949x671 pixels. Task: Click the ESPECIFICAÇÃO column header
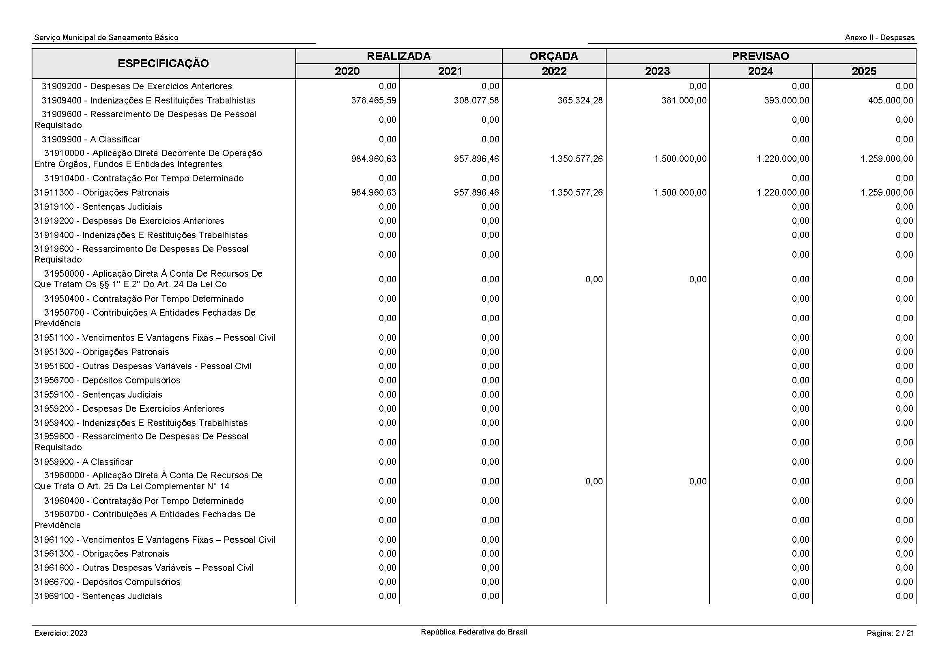pyautogui.click(x=163, y=64)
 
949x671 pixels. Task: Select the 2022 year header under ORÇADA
pyautogui.click(x=554, y=71)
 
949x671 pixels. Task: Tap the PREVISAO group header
pyautogui.click(x=760, y=56)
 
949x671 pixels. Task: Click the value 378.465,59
pyautogui.click(x=373, y=100)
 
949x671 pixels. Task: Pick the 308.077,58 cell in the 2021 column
pyautogui.click(x=476, y=100)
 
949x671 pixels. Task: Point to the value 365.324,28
pyautogui.click(x=580, y=100)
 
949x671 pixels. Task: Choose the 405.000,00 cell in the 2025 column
pyautogui.click(x=890, y=100)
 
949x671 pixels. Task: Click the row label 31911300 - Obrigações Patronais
pyautogui.click(x=102, y=193)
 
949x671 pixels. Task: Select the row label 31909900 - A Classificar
pyautogui.click(x=91, y=139)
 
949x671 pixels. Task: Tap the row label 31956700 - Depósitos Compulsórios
pyautogui.click(x=108, y=380)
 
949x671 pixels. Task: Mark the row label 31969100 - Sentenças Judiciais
pyautogui.click(x=98, y=596)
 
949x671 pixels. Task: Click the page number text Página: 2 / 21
pyautogui.click(x=890, y=633)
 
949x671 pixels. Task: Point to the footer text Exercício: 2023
pyautogui.click(x=61, y=633)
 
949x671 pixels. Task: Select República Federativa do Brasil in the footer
pyautogui.click(x=473, y=632)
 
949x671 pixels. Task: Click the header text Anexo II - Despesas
pyautogui.click(x=880, y=38)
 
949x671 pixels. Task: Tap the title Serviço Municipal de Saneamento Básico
pyautogui.click(x=106, y=38)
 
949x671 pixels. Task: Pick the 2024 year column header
pyautogui.click(x=760, y=71)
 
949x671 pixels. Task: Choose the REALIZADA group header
pyautogui.click(x=398, y=56)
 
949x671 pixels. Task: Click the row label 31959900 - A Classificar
pyautogui.click(x=84, y=462)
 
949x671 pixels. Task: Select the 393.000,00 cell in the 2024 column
pyautogui.click(x=786, y=100)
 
